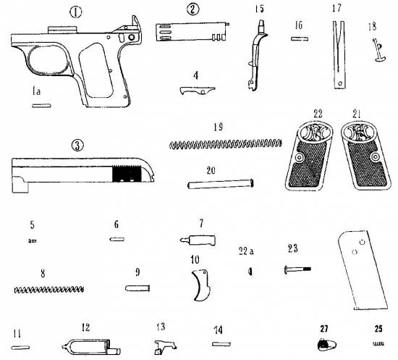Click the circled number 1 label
tap(76, 12)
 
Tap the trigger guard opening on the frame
tap(48, 59)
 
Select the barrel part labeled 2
tap(192, 32)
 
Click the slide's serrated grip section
tap(127, 174)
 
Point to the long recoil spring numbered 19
tap(225, 144)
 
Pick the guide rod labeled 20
tap(221, 184)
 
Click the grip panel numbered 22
tap(309, 156)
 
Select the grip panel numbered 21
tap(365, 156)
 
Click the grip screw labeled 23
tap(297, 269)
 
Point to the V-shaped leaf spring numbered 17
tap(339, 54)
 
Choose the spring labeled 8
tap(48, 289)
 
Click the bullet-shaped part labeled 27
tap(326, 346)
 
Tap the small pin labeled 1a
tap(41, 106)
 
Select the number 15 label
tap(259, 9)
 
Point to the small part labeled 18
tap(379, 50)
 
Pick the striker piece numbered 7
tap(198, 240)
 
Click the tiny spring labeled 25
tap(378, 343)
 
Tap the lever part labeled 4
tap(198, 91)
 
